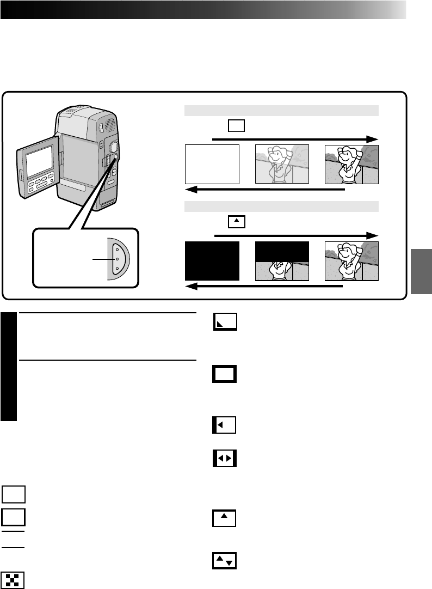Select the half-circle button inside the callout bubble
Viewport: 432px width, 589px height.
[x=118, y=259]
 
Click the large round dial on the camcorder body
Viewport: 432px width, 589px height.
[x=114, y=147]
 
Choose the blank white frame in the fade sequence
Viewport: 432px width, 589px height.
[x=212, y=165]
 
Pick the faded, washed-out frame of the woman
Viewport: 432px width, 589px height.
[x=282, y=165]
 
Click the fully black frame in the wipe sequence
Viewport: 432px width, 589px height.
[x=212, y=261]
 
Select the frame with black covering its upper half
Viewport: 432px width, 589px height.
[x=282, y=261]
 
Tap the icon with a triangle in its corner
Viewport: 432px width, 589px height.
[x=225, y=323]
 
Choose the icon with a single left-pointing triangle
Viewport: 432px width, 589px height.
[x=224, y=425]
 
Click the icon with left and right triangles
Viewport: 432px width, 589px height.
[x=224, y=459]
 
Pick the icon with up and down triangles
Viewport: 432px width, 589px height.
[x=224, y=561]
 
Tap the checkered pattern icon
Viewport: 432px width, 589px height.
[x=14, y=580]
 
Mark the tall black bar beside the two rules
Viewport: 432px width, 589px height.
[x=9, y=367]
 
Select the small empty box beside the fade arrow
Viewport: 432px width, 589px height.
[x=236, y=126]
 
